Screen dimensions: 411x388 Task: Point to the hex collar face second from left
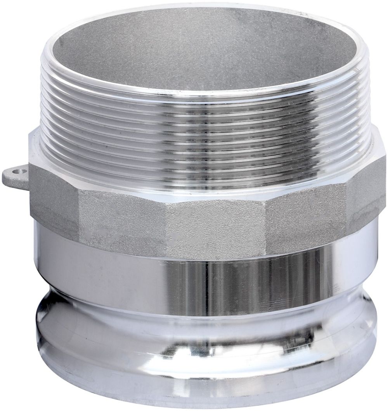pyautogui.click(x=116, y=219)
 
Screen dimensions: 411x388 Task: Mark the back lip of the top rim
pyautogui.click(x=194, y=10)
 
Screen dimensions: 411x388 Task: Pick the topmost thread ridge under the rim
pyautogui.click(x=202, y=102)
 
